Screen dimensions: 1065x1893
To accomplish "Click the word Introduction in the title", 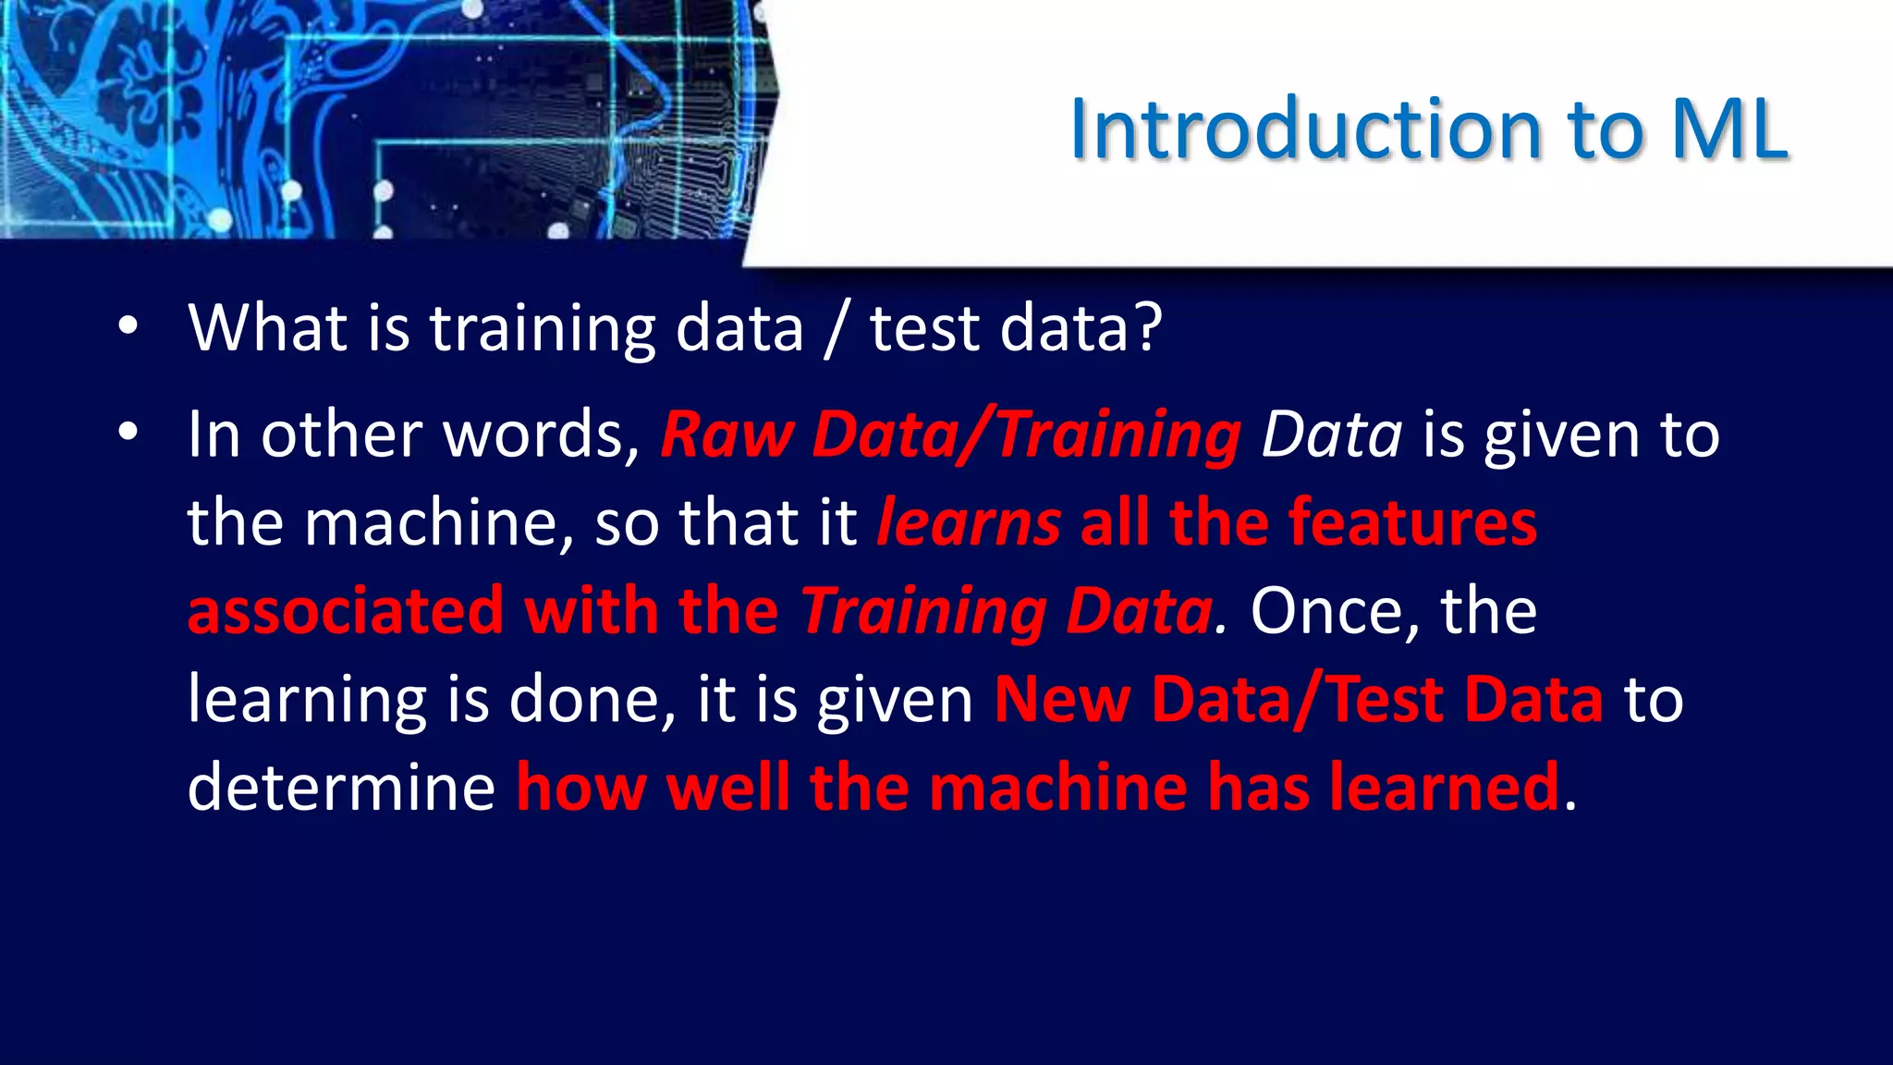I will (x=1305, y=129).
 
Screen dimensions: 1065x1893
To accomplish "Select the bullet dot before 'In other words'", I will (x=128, y=431).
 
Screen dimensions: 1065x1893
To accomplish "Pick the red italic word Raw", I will (x=727, y=435).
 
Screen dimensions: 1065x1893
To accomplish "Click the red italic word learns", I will (x=968, y=523).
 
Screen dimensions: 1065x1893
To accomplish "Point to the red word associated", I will (x=346, y=611).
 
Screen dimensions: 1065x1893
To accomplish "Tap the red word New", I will (x=1062, y=699).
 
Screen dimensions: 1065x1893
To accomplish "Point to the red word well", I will (x=727, y=788).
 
